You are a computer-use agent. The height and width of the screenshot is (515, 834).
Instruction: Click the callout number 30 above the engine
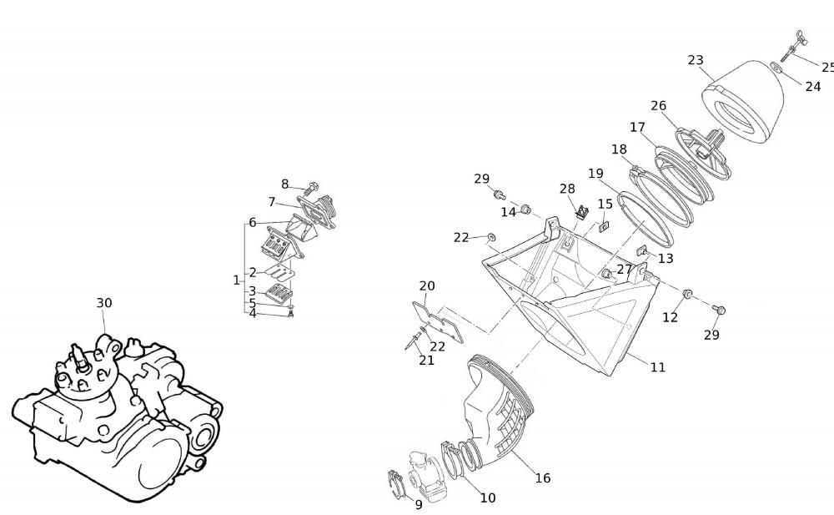(x=103, y=303)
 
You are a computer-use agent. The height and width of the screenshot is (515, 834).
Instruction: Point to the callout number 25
(x=827, y=67)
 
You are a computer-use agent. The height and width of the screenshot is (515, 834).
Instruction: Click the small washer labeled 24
(x=776, y=68)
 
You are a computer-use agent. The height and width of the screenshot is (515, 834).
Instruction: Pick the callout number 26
(x=659, y=106)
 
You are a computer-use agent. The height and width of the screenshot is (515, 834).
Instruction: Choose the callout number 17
(x=638, y=128)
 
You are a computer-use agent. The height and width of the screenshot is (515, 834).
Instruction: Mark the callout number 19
(x=595, y=174)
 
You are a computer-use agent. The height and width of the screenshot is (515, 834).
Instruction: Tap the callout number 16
(x=542, y=478)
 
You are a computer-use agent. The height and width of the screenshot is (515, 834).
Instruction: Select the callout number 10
(x=487, y=497)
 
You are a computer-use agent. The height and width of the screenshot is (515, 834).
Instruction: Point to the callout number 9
(x=419, y=504)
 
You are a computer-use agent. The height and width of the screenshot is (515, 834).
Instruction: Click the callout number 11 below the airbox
(x=658, y=367)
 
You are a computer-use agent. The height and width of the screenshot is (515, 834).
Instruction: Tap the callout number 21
(x=426, y=361)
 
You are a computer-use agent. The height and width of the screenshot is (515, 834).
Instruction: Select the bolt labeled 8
(x=312, y=186)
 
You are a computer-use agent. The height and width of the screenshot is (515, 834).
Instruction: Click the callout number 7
(x=272, y=202)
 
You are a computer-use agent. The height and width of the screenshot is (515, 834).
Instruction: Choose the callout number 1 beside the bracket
(x=236, y=280)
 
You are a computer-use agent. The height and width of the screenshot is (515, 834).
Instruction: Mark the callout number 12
(x=671, y=317)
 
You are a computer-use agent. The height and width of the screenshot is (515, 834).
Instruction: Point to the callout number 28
(x=567, y=189)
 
